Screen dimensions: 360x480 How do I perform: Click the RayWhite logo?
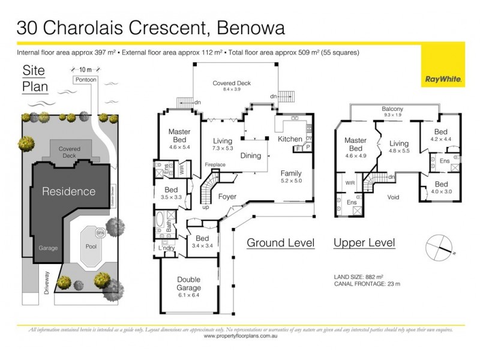(442, 79)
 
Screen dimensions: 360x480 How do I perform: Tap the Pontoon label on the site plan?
(85, 79)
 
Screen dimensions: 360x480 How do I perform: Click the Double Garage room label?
(188, 284)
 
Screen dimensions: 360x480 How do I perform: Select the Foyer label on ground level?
(227, 195)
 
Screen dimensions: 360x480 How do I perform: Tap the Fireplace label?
(215, 164)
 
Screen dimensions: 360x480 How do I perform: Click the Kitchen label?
(290, 139)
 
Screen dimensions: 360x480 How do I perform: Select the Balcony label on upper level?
(392, 109)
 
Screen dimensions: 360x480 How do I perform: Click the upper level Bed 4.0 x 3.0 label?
(441, 188)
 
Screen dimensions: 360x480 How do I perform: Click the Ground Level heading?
(281, 243)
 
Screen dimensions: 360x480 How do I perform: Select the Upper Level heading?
(364, 243)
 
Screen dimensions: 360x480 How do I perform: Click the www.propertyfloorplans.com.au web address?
(240, 336)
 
